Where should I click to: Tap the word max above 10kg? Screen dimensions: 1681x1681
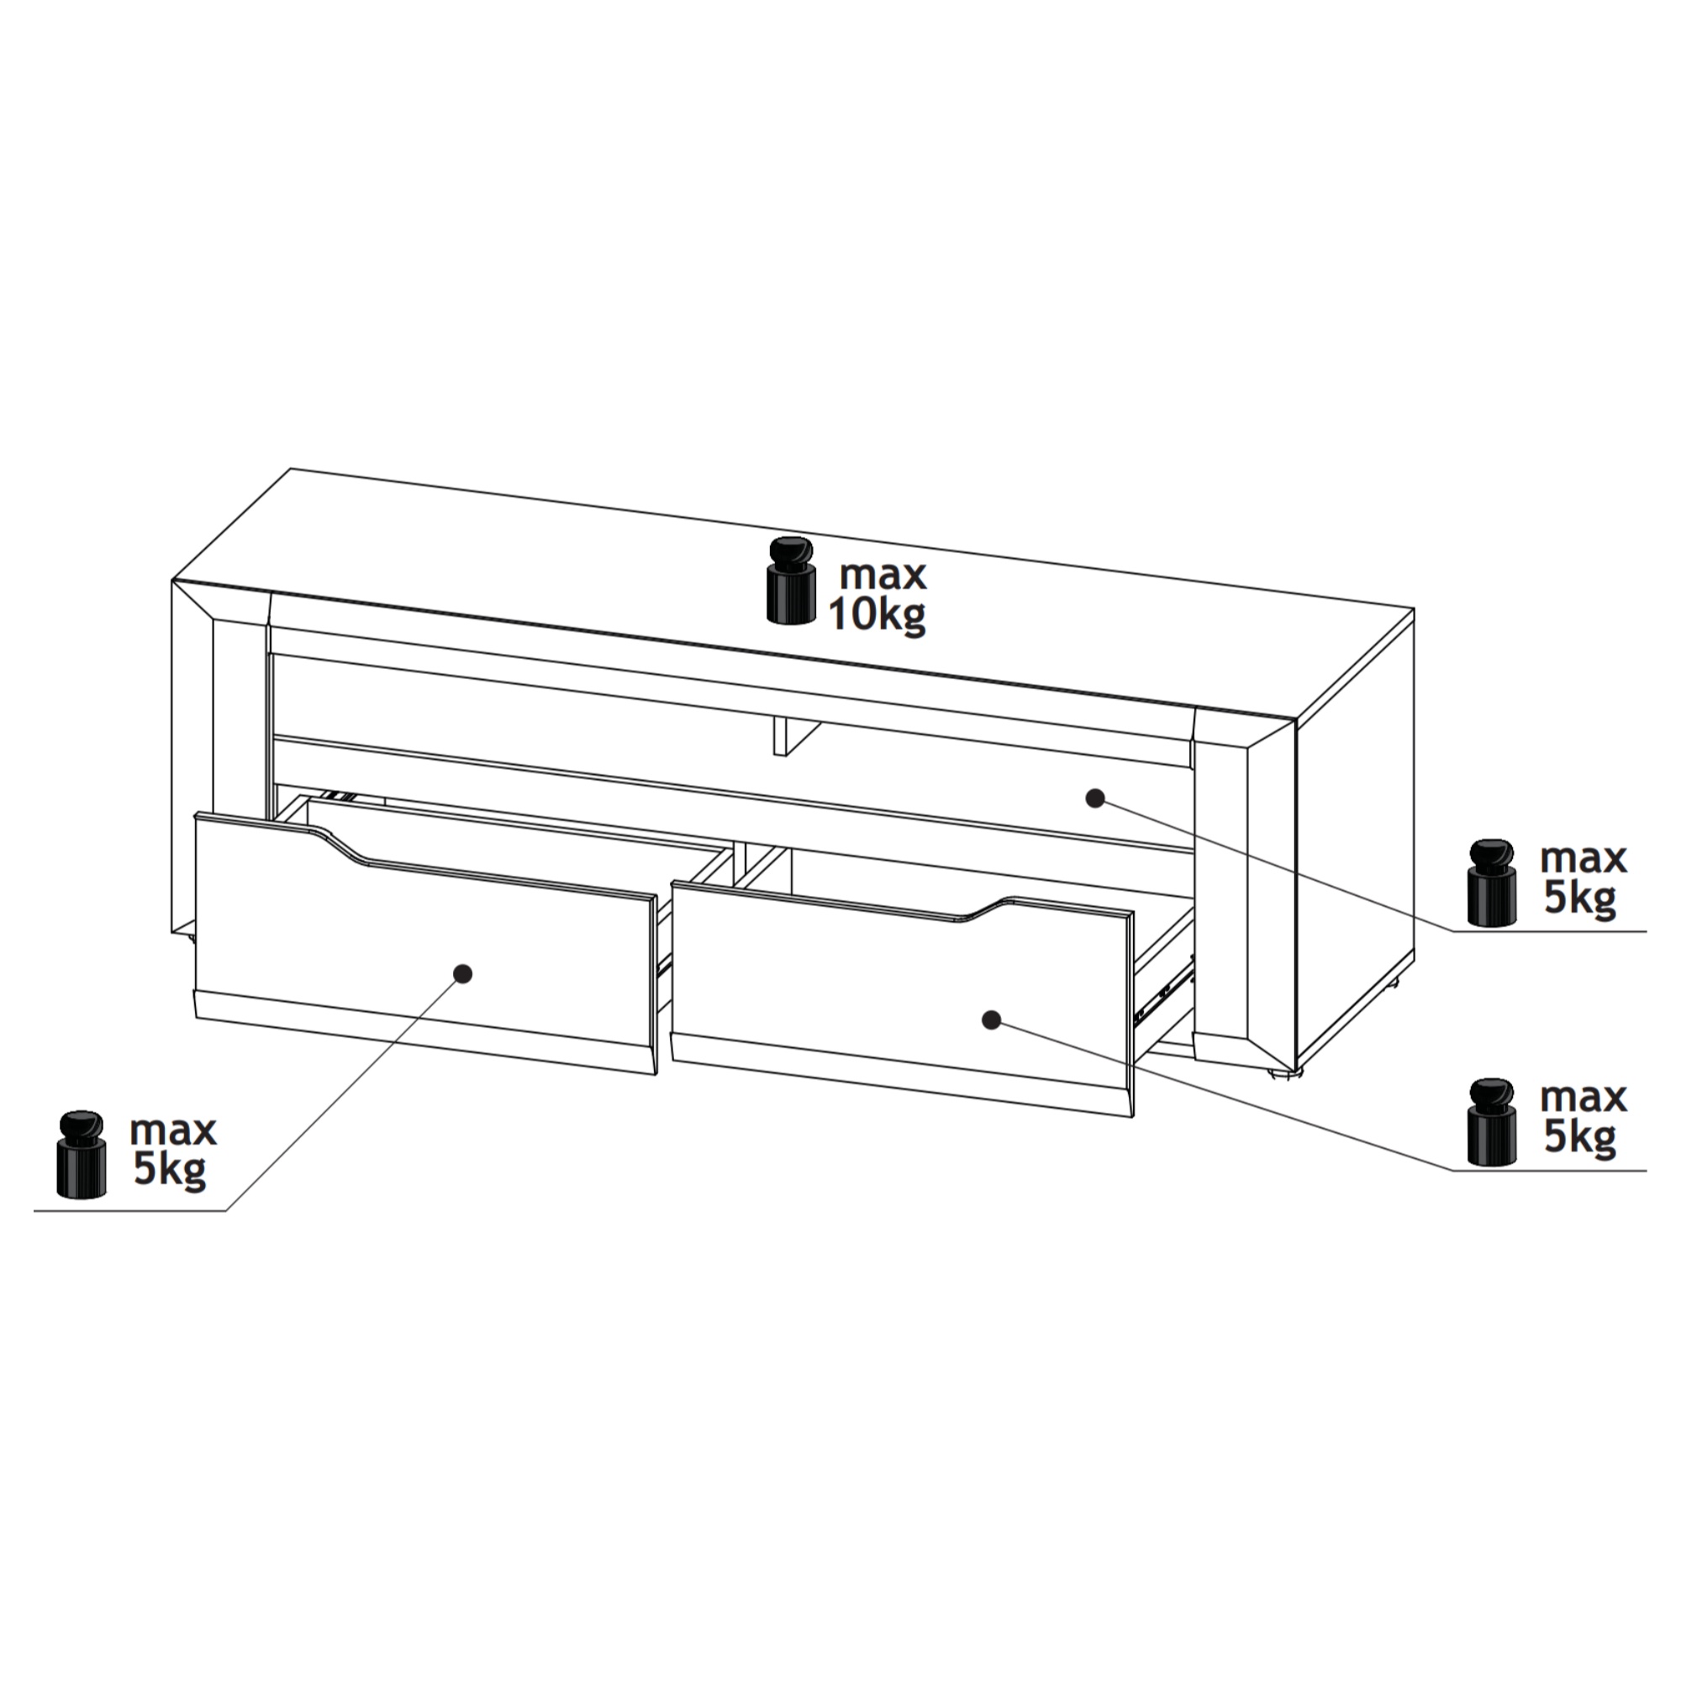pyautogui.click(x=883, y=575)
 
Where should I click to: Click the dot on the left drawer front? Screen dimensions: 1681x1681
pyautogui.click(x=464, y=972)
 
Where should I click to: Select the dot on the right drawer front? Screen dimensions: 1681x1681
pyautogui.click(x=990, y=1020)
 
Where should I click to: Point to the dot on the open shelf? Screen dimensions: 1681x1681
pyautogui.click(x=1095, y=798)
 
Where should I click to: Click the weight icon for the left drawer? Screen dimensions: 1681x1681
pyautogui.click(x=81, y=1154)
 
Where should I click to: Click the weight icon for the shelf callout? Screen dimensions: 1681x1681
pyautogui.click(x=1491, y=883)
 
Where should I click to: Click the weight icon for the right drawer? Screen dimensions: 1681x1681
pyautogui.click(x=1491, y=1121)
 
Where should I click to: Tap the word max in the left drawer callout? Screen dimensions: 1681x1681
pyautogui.click(x=173, y=1131)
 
